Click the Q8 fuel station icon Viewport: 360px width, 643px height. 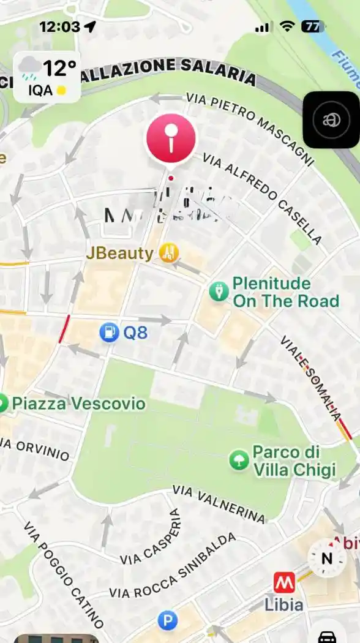pyautogui.click(x=109, y=333)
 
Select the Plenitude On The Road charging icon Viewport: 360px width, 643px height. pyautogui.click(x=219, y=291)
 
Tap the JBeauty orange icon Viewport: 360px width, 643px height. pyautogui.click(x=168, y=252)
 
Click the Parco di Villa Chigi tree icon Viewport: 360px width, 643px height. pyautogui.click(x=238, y=461)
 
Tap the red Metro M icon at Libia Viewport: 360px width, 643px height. pyautogui.click(x=283, y=581)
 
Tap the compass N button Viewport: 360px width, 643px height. pyautogui.click(x=326, y=558)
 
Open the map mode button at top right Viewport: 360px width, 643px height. pyautogui.click(x=331, y=120)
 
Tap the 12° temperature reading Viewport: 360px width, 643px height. pyautogui.click(x=59, y=69)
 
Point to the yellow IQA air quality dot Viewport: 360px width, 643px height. pyautogui.click(x=61, y=91)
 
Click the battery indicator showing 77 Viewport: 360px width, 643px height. pyautogui.click(x=313, y=26)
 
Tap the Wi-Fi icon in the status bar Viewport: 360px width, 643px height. pyautogui.click(x=287, y=26)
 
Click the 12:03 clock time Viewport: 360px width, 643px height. pyautogui.click(x=59, y=26)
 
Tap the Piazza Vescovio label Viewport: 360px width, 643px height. pyautogui.click(x=78, y=404)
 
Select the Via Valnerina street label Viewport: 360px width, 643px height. pyautogui.click(x=219, y=503)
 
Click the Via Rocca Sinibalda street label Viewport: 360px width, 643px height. pyautogui.click(x=172, y=566)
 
